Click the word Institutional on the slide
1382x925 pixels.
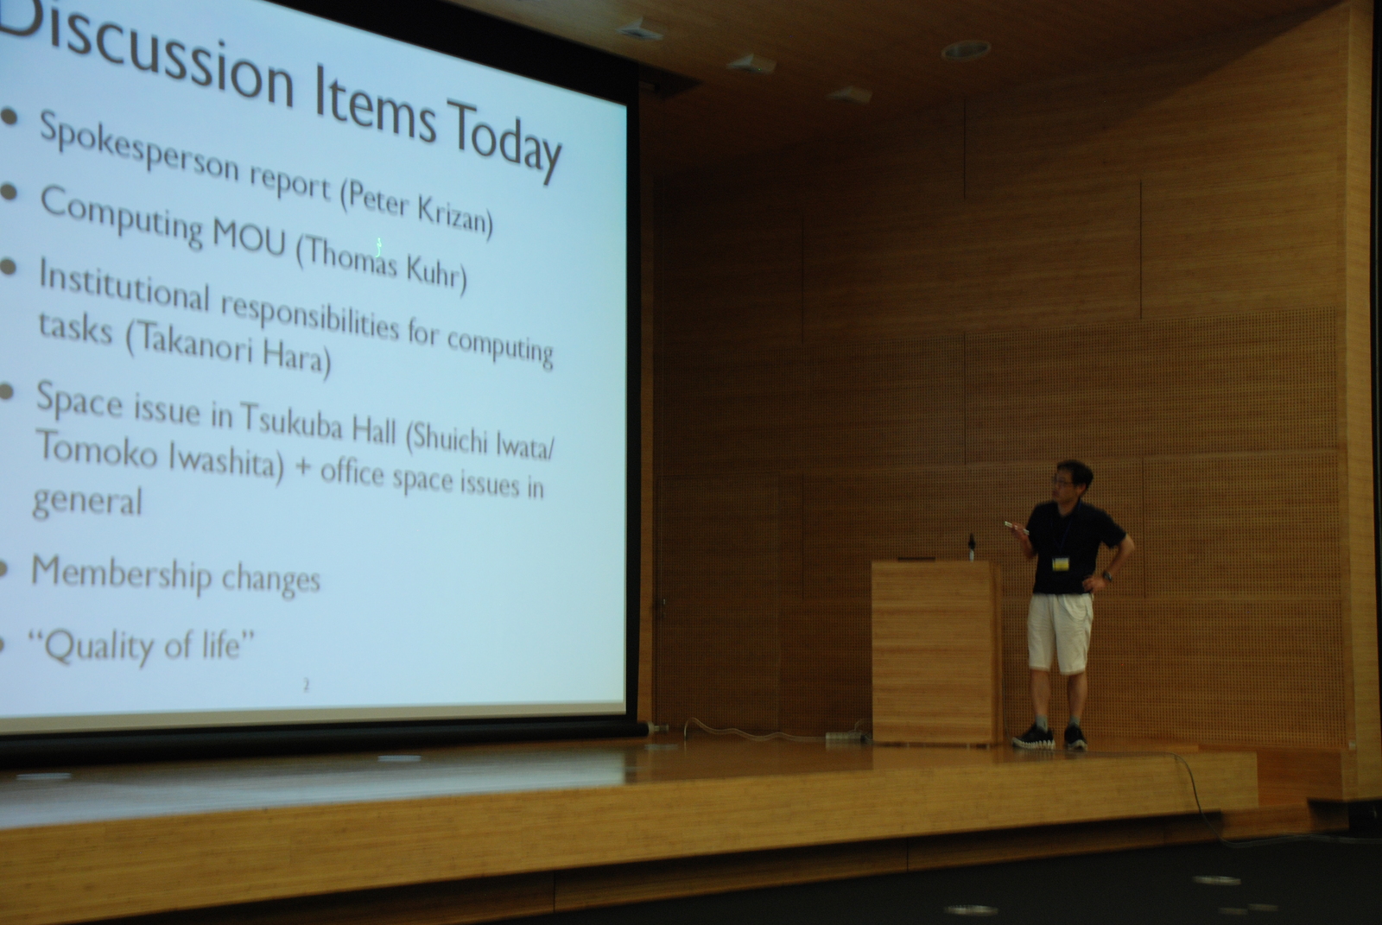124,288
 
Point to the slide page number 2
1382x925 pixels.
307,684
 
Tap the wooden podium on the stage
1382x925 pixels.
935,651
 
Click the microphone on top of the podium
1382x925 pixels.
972,546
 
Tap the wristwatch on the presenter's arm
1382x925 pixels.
1107,577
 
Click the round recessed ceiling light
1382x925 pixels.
967,50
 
